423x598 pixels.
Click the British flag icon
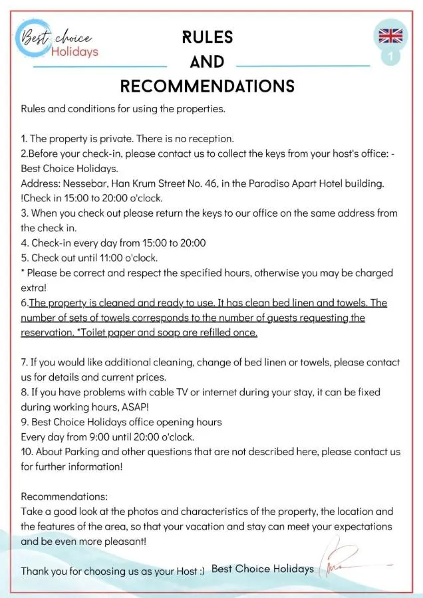tap(390, 36)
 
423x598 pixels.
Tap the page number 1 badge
tap(390, 58)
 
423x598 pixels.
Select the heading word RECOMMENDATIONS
tap(207, 86)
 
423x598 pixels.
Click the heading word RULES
tap(207, 37)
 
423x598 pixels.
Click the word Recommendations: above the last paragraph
tap(64, 496)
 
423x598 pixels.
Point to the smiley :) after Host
tap(200, 571)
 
